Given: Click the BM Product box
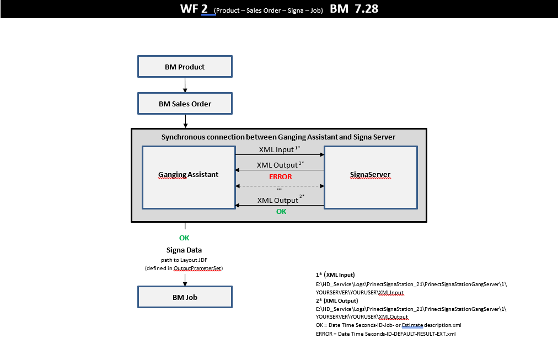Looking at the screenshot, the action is coord(185,67).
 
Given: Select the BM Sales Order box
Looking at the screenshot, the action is coord(185,104).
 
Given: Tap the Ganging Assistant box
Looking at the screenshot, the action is coord(189,178).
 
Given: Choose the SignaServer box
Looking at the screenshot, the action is coord(371,178).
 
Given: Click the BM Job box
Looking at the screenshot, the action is coord(185,297).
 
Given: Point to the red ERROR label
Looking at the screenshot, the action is coord(281,177).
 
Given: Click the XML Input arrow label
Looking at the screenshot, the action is coord(280,149).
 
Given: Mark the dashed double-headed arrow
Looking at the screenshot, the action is coord(280,186).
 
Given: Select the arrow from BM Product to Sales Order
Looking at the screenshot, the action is coord(185,85).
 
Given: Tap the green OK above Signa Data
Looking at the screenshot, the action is coord(184,238).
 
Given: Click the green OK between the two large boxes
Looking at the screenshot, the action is coord(281,212).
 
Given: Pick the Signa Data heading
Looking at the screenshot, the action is coord(184,250).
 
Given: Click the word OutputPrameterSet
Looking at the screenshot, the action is coord(197,268).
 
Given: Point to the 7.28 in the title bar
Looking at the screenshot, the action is coord(367,8).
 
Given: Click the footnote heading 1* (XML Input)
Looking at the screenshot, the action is coord(335,275).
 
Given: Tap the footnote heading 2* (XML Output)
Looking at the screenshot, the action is coord(337,300).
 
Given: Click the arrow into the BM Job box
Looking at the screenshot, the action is coord(185,280).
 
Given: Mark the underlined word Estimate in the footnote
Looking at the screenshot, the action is coord(412,325).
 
